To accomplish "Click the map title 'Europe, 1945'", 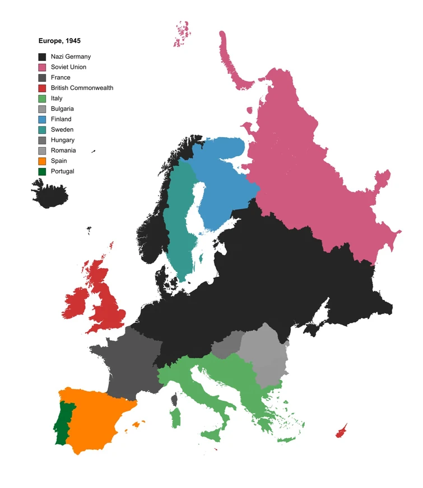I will (x=59, y=41).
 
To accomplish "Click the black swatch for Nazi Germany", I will (x=42, y=57).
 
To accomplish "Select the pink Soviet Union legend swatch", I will (x=42, y=67).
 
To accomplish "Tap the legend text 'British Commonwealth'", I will (x=82, y=88).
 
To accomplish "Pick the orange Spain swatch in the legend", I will (x=42, y=161).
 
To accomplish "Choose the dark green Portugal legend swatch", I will (x=42, y=171).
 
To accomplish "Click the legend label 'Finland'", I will (x=61, y=119).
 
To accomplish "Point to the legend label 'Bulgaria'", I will (x=62, y=109).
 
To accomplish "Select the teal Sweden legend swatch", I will (x=42, y=130).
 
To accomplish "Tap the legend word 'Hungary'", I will (x=62, y=140).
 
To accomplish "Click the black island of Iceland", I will (x=50, y=194).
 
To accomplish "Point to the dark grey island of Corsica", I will (x=174, y=399).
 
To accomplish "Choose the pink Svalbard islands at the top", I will (x=182, y=35).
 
